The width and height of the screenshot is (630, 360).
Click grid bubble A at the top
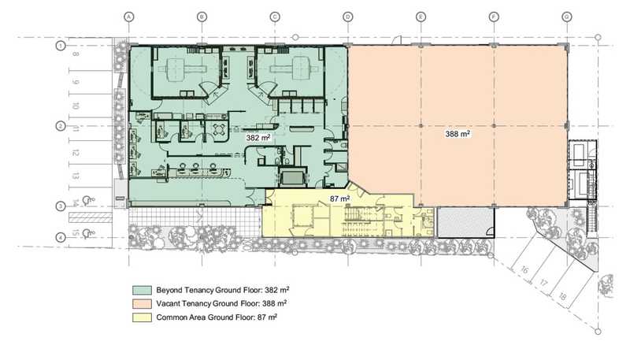[x=128, y=17]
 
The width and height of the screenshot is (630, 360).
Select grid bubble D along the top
[x=348, y=17]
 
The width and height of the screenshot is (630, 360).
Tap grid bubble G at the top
[x=567, y=17]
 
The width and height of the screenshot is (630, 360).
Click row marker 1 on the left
[x=61, y=46]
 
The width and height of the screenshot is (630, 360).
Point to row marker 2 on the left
[x=61, y=126]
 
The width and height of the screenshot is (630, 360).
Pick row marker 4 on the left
[x=61, y=237]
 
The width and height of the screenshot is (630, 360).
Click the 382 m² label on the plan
[x=258, y=138]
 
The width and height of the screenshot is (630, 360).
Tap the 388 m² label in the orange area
[x=458, y=134]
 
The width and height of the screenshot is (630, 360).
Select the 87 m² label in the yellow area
[x=339, y=199]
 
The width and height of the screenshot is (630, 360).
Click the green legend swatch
[x=143, y=290]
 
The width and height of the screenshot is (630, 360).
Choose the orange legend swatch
[x=143, y=304]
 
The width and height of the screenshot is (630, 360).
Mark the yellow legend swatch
[x=143, y=317]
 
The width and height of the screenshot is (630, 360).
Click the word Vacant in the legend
[x=168, y=304]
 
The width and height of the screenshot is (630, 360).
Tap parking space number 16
[x=524, y=269]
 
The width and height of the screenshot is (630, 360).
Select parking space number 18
[x=562, y=296]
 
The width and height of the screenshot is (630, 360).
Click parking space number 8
[x=76, y=54]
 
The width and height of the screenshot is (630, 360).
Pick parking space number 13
[x=75, y=176]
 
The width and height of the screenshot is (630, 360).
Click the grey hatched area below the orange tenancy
[x=465, y=222]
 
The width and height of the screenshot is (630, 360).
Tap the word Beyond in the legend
[x=170, y=290]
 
